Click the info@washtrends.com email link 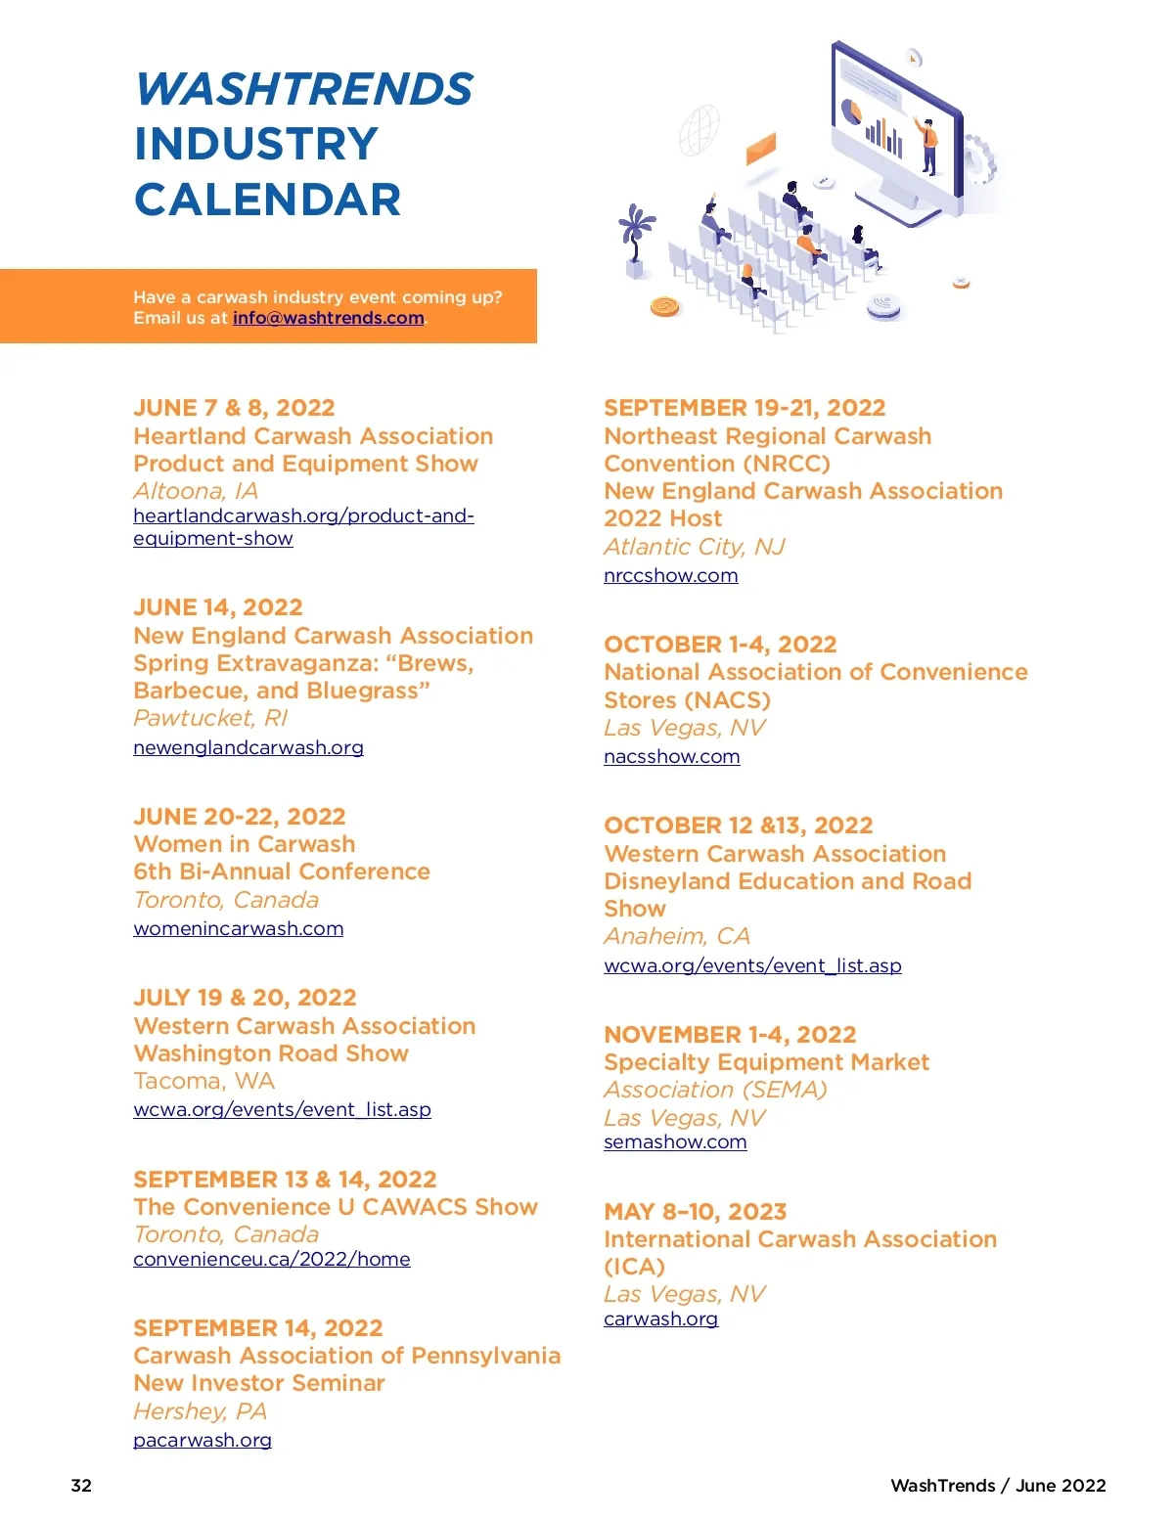click(328, 318)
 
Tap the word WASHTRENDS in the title click(303, 90)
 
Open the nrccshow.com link click(670, 575)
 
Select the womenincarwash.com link click(238, 928)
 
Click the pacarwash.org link click(203, 1440)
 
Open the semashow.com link click(675, 1141)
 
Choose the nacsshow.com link click(671, 756)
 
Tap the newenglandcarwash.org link click(248, 747)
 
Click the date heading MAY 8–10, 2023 click(695, 1212)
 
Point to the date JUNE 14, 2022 click(218, 607)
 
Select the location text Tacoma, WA click(204, 1081)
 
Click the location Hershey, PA click(200, 1411)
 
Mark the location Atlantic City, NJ click(694, 547)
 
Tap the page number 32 click(81, 1485)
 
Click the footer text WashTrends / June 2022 click(998, 1485)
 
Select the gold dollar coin click(664, 307)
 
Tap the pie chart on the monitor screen click(851, 111)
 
